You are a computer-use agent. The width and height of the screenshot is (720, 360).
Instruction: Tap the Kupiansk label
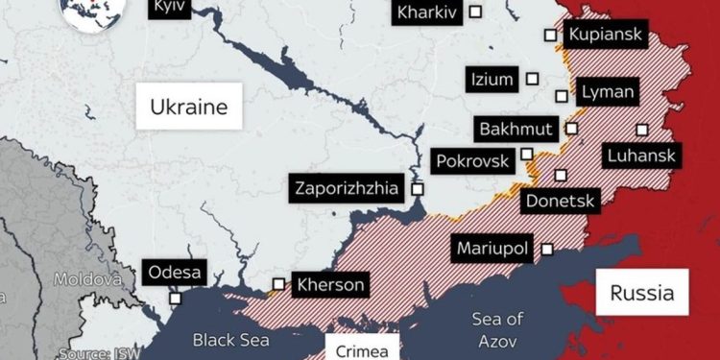tap(606, 35)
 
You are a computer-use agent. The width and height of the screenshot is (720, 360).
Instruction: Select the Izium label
tap(492, 80)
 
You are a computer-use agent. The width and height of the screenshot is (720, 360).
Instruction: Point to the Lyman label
tap(607, 92)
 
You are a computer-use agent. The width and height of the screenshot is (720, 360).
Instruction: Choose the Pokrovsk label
tap(472, 160)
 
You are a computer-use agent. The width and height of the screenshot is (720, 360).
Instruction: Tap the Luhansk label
tap(640, 156)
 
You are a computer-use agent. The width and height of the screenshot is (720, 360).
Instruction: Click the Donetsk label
tap(561, 202)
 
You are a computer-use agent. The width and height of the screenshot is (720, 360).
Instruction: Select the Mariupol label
tap(492, 249)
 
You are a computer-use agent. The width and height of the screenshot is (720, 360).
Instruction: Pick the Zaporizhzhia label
tap(346, 188)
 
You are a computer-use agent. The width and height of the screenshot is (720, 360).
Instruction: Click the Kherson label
tap(329, 284)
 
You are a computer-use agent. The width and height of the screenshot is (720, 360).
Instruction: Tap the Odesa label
tap(175, 273)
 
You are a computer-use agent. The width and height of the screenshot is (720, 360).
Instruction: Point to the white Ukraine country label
tap(188, 106)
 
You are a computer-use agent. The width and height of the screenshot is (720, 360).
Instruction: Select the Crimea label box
tap(362, 349)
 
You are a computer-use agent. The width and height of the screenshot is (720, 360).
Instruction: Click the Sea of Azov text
tap(496, 329)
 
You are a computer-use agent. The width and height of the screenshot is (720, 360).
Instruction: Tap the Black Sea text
tap(230, 339)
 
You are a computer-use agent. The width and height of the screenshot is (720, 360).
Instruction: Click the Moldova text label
tap(86, 279)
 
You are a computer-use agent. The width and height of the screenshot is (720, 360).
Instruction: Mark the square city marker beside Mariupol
tap(547, 249)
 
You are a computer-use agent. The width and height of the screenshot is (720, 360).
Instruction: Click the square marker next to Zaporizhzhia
tap(417, 189)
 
